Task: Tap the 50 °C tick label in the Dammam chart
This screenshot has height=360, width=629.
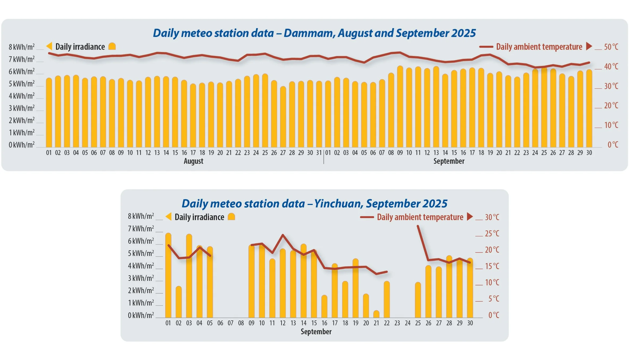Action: [x=611, y=47]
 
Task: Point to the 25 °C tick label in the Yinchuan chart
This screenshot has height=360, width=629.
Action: [x=492, y=234]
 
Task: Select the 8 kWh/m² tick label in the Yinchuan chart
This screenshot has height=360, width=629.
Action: [x=141, y=216]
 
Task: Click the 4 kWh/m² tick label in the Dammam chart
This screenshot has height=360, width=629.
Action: [x=22, y=96]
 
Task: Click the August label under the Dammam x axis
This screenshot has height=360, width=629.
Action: [x=193, y=161]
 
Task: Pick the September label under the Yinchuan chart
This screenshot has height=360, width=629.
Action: [x=316, y=332]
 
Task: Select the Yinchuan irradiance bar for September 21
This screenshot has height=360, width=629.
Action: [x=376, y=314]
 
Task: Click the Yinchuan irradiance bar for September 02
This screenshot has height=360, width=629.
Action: [x=179, y=303]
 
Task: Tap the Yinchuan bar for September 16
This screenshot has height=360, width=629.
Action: [x=324, y=307]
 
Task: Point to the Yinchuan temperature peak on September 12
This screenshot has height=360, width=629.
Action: [x=283, y=235]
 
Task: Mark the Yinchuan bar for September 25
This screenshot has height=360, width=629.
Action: [x=418, y=300]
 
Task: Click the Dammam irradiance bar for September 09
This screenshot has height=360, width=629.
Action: [x=400, y=106]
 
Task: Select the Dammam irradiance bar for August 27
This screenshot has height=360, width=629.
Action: [x=283, y=117]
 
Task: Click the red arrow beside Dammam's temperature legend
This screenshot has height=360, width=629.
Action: [x=589, y=46]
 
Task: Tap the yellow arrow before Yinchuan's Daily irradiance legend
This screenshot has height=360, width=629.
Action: [x=169, y=217]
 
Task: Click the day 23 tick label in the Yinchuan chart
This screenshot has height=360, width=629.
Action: [x=397, y=323]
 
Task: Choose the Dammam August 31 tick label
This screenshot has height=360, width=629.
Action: [x=319, y=153]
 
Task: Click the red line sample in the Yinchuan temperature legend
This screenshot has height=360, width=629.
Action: [x=367, y=217]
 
